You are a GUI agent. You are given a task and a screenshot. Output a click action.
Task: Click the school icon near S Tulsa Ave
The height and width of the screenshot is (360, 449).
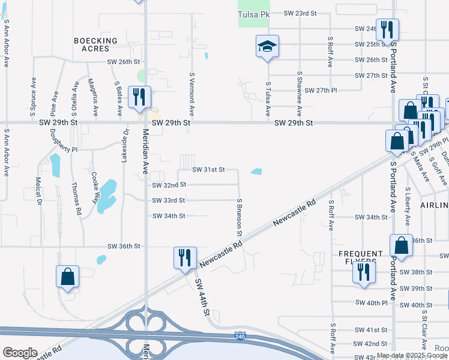(267, 47)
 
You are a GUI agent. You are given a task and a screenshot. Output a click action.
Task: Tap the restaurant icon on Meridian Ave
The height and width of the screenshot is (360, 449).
(140, 97)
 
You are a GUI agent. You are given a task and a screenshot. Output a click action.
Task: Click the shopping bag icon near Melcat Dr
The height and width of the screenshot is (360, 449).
(68, 277)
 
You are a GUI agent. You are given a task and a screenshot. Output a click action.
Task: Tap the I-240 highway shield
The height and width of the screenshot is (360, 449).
(240, 338)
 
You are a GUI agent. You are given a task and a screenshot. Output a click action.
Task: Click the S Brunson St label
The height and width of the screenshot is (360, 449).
(240, 217)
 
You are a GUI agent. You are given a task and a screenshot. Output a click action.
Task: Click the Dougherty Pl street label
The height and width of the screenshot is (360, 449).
(64, 142)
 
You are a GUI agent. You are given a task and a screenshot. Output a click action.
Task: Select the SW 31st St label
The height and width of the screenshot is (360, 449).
(208, 170)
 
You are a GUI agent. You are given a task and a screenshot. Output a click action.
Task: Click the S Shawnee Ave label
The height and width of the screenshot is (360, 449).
(299, 94)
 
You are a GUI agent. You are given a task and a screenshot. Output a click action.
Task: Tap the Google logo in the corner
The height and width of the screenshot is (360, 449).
(20, 353)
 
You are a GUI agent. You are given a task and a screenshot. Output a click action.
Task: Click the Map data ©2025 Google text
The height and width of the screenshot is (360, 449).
(411, 356)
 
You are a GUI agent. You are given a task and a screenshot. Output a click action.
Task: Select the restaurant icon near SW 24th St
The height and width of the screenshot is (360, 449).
(387, 29)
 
